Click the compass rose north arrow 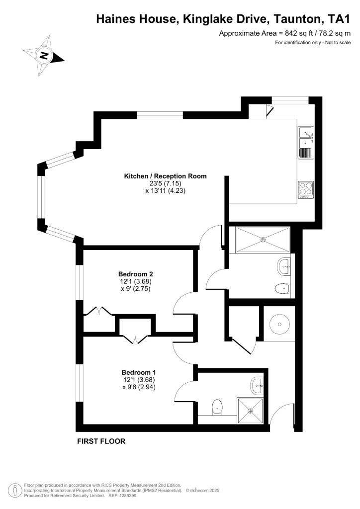(x=44, y=55)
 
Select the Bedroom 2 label (x=135, y=274)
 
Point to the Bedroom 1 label (x=139, y=372)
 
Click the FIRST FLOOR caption (x=101, y=441)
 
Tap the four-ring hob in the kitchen (x=305, y=189)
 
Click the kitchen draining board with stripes (x=305, y=152)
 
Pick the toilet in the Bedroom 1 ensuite (x=217, y=407)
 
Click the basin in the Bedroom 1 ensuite (x=257, y=383)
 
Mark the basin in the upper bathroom (x=284, y=266)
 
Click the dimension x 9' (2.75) (x=135, y=288)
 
